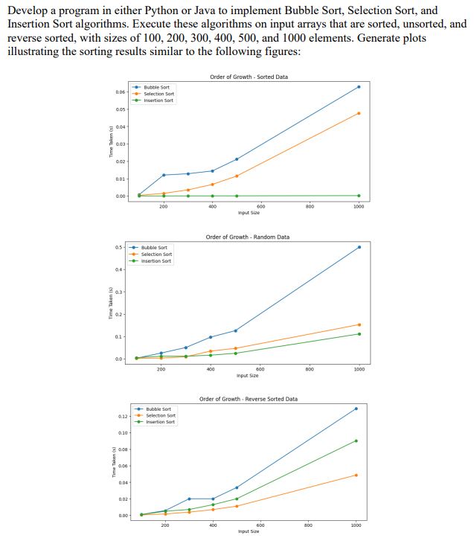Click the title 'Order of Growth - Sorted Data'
(249, 77)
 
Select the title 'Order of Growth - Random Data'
(248, 237)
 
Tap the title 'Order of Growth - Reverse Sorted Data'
(249, 399)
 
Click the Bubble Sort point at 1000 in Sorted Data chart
(359, 87)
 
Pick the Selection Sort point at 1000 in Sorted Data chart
(359, 113)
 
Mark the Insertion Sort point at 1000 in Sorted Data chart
(359, 196)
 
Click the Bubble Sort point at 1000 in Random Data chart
(359, 247)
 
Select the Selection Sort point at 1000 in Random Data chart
(359, 324)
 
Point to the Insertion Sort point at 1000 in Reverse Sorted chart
(356, 441)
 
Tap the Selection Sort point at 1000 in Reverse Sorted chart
(356, 475)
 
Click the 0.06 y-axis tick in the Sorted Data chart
(120, 92)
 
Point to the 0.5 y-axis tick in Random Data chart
(120, 247)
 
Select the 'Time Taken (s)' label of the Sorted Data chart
(111, 141)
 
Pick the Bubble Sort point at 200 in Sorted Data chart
(164, 175)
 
